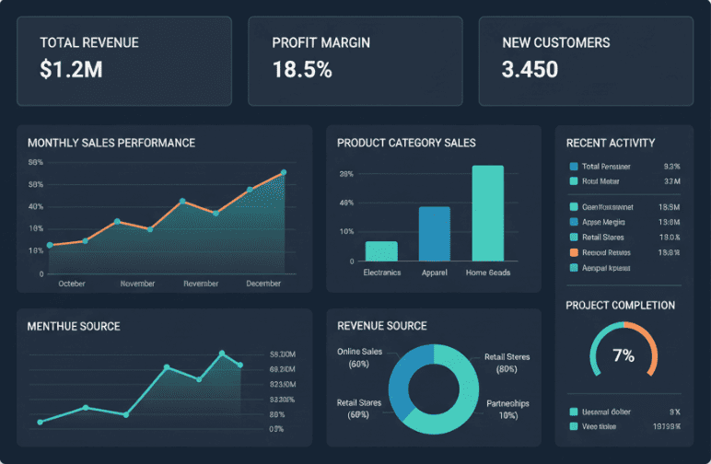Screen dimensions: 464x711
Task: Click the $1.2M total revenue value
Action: point(71,69)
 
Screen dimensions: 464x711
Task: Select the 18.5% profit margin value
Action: point(302,69)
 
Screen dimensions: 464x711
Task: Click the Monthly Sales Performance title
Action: point(111,143)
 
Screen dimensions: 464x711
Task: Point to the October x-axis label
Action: point(72,284)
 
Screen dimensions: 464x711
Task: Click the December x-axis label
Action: point(263,284)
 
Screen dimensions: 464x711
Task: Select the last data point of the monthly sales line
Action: point(284,172)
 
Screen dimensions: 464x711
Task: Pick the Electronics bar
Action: point(381,251)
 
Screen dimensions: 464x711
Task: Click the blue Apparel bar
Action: point(435,234)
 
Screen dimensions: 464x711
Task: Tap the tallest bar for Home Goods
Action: point(488,214)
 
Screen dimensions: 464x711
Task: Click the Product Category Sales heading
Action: point(406,143)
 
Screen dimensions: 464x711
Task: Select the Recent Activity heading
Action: point(611,143)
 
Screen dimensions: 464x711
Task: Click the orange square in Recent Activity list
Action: point(574,252)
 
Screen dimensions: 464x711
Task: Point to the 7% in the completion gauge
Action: point(624,355)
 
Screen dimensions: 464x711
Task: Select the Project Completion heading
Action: point(620,305)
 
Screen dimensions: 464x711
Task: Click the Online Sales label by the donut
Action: point(359,352)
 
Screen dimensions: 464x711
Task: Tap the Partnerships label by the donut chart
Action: point(507,403)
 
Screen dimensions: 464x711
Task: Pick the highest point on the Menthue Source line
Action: point(222,353)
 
